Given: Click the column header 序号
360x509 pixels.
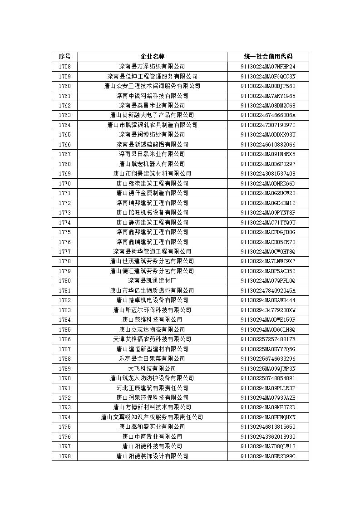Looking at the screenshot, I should click(x=64, y=57).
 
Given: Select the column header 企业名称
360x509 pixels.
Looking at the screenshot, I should click(x=152, y=57).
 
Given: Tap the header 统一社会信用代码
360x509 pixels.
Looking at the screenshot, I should click(x=268, y=57).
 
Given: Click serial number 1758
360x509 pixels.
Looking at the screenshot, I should click(x=64, y=67).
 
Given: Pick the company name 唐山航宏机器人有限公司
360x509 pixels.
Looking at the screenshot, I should click(x=152, y=164).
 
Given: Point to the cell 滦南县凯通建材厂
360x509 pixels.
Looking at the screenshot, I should click(x=152, y=281).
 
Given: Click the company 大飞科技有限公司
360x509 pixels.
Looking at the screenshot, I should click(x=152, y=368).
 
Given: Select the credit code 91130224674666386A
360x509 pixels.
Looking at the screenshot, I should click(x=268, y=115).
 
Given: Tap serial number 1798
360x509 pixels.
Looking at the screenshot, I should click(x=64, y=456).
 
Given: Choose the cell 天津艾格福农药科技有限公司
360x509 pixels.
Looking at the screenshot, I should click(x=152, y=339).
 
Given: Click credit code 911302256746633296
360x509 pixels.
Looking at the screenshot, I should click(x=268, y=359).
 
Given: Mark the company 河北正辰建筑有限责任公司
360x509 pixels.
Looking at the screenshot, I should click(x=152, y=388).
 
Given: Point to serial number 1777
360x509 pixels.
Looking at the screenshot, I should click(x=64, y=251).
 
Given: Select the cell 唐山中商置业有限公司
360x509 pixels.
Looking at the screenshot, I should click(x=152, y=436).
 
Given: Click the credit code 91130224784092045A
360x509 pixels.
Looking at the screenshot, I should click(x=268, y=290).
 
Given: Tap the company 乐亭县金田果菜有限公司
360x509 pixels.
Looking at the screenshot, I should click(x=152, y=359).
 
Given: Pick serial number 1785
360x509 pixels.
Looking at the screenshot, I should click(x=64, y=329).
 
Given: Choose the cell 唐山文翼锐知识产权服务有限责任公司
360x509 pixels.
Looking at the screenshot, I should click(x=152, y=417).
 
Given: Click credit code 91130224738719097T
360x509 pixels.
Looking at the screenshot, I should click(x=268, y=125).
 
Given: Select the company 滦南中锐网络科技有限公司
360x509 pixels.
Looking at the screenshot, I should click(x=152, y=96).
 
